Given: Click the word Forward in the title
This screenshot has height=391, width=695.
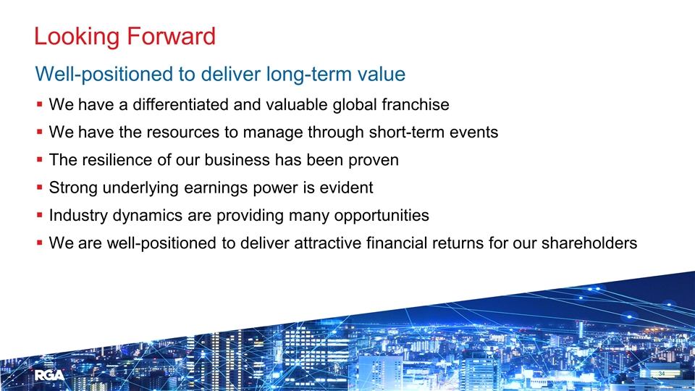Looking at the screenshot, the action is click(x=171, y=36).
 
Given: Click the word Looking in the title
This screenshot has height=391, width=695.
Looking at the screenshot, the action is click(x=77, y=37).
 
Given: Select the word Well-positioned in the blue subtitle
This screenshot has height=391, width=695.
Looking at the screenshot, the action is click(x=104, y=75).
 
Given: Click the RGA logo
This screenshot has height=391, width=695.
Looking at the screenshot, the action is click(x=49, y=376).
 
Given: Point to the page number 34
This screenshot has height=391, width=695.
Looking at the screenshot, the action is click(x=661, y=374).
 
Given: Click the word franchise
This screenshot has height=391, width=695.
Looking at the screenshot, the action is click(x=416, y=104).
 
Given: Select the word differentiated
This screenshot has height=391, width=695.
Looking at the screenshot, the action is click(x=180, y=104).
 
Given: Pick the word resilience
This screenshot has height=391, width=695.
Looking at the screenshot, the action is click(x=117, y=159).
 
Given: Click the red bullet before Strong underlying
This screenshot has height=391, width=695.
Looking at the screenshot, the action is click(x=39, y=188).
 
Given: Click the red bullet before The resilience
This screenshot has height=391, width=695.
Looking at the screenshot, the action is click(x=39, y=159).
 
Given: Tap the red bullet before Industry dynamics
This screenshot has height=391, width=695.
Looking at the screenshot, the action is click(x=39, y=216).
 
